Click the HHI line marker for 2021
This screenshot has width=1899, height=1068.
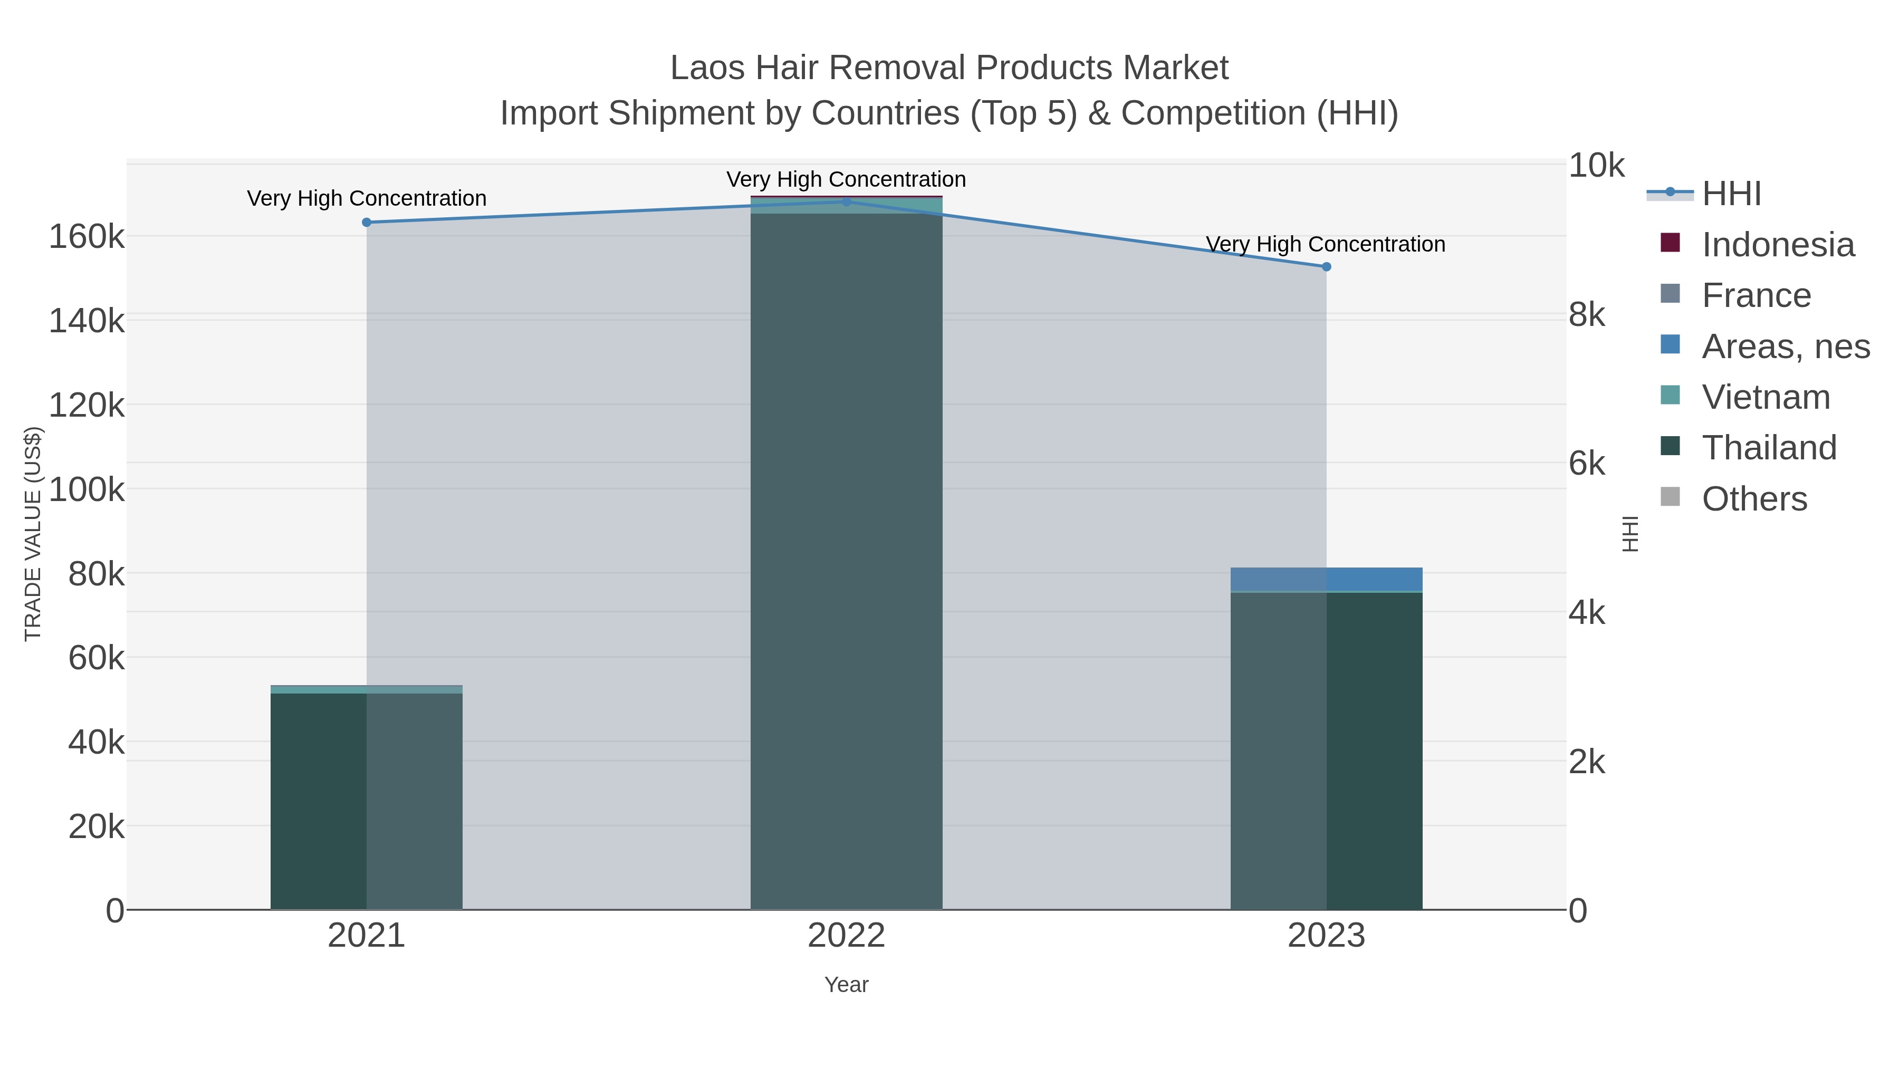click(x=367, y=223)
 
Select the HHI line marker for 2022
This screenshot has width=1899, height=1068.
click(x=846, y=202)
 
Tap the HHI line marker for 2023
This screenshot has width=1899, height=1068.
click(x=1326, y=267)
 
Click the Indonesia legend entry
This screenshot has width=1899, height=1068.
click(x=1777, y=245)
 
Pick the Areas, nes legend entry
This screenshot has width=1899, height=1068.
click(x=1785, y=347)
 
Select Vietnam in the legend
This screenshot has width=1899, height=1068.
click(x=1766, y=397)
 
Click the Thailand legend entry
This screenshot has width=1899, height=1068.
click(x=1769, y=448)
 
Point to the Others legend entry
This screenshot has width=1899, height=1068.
click(x=1754, y=499)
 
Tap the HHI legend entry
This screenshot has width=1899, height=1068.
click(x=1731, y=194)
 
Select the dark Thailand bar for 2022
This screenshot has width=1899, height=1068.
click(x=846, y=560)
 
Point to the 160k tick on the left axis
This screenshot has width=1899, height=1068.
click(x=87, y=237)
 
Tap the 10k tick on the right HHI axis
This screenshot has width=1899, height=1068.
click(x=1596, y=166)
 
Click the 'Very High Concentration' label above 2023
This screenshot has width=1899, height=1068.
click(x=1326, y=244)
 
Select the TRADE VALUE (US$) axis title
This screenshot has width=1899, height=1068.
click(x=33, y=534)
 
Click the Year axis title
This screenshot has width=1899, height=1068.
click(x=846, y=985)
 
